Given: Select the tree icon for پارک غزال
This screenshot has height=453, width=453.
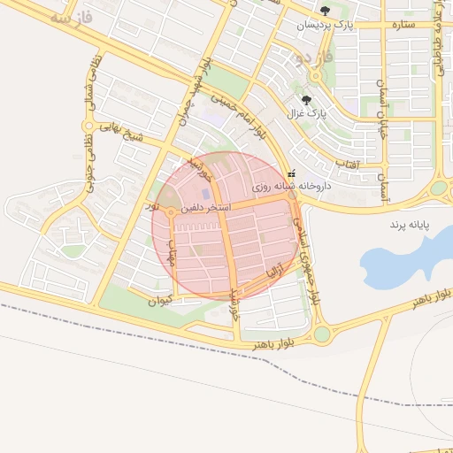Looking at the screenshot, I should coord(306,100).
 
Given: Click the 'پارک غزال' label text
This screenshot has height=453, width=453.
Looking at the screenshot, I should coord(306,114).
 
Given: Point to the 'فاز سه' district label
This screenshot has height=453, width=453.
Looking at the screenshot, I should coord(70,17).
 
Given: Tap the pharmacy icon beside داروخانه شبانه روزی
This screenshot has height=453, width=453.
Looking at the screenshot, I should coord(292,174).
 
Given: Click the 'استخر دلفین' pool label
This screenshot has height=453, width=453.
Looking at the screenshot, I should coord(205,207).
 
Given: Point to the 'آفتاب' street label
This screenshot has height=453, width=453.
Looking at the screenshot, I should coord(348,165).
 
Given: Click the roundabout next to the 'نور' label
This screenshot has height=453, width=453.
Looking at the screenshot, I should coord(169,211).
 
